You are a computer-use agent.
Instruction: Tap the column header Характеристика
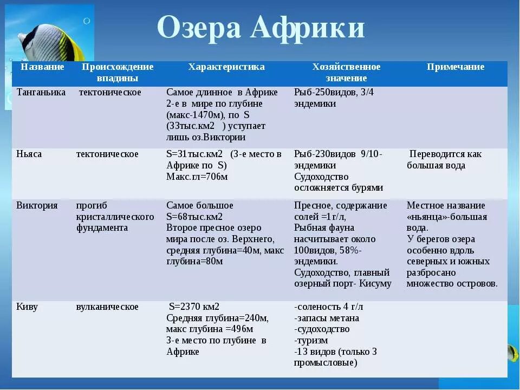pyautogui.click(x=226, y=67)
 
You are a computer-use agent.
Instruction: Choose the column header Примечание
pyautogui.click(x=456, y=67)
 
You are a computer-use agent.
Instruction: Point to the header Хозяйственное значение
pyautogui.click(x=346, y=73)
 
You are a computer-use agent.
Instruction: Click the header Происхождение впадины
pyautogui.click(x=118, y=73)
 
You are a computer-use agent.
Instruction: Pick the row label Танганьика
pyautogui.click(x=41, y=93)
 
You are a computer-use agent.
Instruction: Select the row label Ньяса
pyautogui.click(x=29, y=154)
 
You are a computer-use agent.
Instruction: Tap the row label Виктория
pyautogui.click(x=37, y=206)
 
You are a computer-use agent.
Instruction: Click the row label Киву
pyautogui.click(x=27, y=307)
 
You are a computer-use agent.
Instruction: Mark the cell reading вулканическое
pyautogui.click(x=107, y=307)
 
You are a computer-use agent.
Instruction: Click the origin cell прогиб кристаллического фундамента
pyautogui.click(x=115, y=217)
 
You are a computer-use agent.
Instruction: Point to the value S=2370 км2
pyautogui.click(x=194, y=307)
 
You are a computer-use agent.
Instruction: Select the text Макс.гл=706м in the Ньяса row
pyautogui.click(x=197, y=177)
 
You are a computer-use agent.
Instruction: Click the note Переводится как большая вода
pyautogui.click(x=444, y=160)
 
